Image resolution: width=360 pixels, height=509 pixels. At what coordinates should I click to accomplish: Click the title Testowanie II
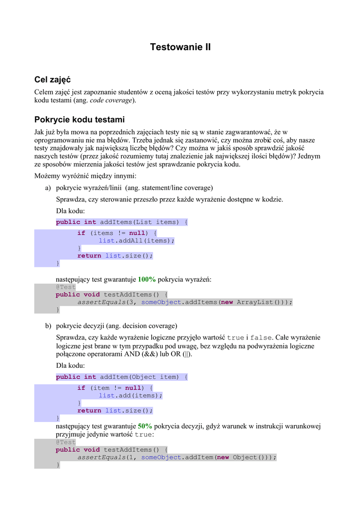[180, 48]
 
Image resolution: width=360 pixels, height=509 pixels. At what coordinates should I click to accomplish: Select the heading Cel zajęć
[53, 80]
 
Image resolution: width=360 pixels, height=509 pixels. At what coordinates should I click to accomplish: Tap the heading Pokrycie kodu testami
[79, 120]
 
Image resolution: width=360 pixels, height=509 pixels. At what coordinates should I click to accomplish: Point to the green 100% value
[147, 279]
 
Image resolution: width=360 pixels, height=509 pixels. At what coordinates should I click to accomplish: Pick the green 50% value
[145, 426]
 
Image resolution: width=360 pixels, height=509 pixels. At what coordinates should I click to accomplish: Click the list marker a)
[48, 187]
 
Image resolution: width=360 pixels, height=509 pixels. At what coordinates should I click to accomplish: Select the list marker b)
[48, 326]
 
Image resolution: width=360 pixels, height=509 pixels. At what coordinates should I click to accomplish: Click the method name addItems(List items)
[139, 222]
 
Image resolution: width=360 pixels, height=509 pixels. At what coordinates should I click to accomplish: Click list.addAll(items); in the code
[137, 241]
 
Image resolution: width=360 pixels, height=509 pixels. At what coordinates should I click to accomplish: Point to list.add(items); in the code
[131, 396]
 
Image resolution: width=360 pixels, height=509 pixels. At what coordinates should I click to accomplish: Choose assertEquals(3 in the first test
[105, 302]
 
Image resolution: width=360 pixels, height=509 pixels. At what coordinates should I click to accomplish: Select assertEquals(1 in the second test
[105, 457]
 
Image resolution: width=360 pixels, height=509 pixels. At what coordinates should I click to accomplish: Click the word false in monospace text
[261, 338]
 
